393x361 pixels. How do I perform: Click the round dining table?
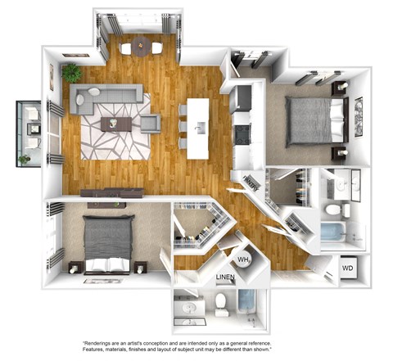[x=141, y=47]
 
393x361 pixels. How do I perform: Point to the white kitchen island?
[x=197, y=129]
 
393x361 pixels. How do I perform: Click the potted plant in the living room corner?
[x=72, y=71]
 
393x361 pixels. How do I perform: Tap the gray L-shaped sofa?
[x=102, y=95]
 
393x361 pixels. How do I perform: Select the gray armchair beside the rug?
[x=150, y=124]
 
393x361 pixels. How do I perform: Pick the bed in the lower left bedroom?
[x=107, y=241]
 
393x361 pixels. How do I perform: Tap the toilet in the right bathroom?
[x=334, y=211]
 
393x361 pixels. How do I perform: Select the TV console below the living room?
[x=111, y=193]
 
